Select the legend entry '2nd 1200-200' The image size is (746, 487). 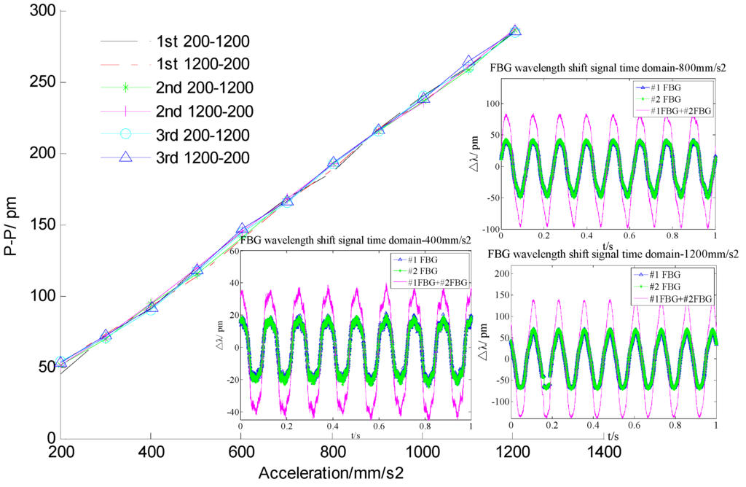[x=204, y=112]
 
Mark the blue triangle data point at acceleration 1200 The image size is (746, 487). [x=515, y=31]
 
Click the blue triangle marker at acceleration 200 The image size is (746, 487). [x=61, y=362]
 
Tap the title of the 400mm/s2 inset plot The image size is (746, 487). [x=356, y=239]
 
